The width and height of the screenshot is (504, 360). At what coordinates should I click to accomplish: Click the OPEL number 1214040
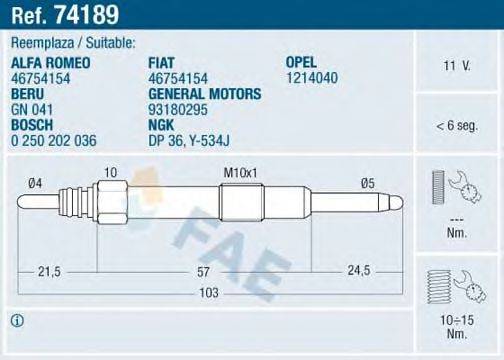(309, 78)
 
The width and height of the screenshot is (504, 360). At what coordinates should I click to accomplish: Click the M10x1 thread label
(240, 172)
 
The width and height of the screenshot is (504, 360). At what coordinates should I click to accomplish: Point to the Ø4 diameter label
(35, 182)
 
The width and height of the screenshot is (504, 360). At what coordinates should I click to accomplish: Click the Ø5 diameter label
(367, 182)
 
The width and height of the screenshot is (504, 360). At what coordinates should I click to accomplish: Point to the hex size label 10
(109, 172)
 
